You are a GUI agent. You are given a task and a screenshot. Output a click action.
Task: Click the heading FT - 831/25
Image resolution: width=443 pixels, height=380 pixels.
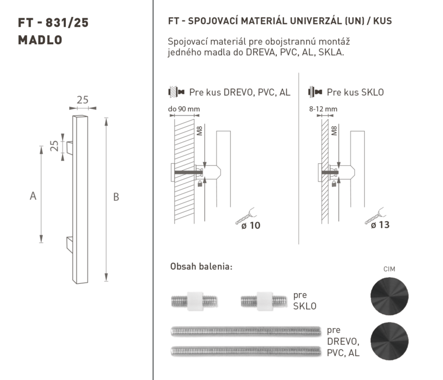pos(53,23)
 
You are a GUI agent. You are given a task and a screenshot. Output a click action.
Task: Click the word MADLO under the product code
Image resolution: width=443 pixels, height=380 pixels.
pos(40,40)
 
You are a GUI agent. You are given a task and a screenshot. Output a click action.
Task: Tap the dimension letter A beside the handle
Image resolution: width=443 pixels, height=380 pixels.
pos(33,196)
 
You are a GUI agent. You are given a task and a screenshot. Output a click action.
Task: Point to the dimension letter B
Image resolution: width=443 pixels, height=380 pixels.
pos(116,197)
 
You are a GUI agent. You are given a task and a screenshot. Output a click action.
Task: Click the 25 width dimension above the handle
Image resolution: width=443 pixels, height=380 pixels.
pos(83,100)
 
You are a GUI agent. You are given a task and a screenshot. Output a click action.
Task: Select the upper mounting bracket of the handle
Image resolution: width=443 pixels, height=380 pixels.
pos(70,148)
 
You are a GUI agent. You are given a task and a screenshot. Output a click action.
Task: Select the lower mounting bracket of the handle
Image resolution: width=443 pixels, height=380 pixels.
pos(70,244)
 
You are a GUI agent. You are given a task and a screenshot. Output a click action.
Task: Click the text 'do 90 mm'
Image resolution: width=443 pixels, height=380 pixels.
pos(184,109)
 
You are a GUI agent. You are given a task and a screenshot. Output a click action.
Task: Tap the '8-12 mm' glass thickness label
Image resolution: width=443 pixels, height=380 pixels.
pos(323,109)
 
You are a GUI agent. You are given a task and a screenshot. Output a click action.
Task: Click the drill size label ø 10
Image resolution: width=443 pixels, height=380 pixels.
pos(251,226)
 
